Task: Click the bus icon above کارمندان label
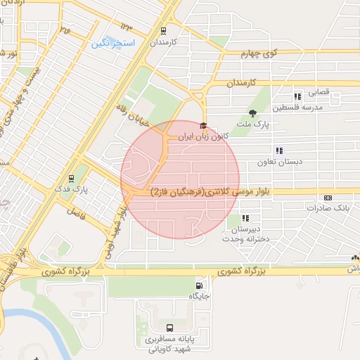click(x=164, y=31)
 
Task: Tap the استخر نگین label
click(x=112, y=44)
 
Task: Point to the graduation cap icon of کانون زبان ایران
click(x=204, y=124)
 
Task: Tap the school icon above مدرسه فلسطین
click(x=298, y=96)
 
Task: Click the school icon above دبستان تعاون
click(x=279, y=150)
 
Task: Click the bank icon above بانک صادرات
click(x=328, y=198)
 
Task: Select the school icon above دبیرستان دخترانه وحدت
click(x=245, y=218)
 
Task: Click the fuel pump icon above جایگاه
click(x=200, y=285)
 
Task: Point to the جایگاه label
click(x=200, y=297)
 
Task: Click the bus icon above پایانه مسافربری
click(x=169, y=328)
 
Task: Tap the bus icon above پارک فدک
click(x=70, y=179)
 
